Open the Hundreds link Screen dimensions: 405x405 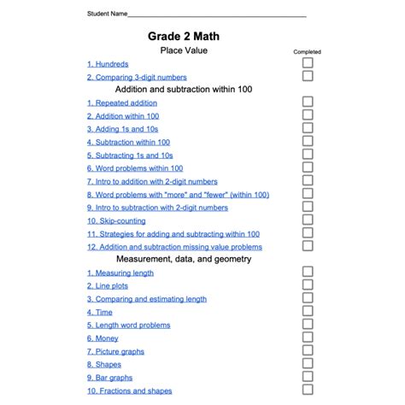[x=108, y=64]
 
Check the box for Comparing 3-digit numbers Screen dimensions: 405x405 [x=308, y=76]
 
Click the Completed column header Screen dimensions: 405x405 [x=308, y=52]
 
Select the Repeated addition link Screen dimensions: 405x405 [x=122, y=103]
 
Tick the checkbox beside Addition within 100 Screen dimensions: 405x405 [x=308, y=115]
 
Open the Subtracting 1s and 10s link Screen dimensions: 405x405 [x=130, y=156]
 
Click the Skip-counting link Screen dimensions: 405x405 [x=116, y=221]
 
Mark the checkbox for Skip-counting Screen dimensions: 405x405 [x=308, y=220]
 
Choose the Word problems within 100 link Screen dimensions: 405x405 [x=135, y=168]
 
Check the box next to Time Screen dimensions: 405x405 [x=308, y=310]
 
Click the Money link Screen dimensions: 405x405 [x=103, y=338]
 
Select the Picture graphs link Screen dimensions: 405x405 [x=115, y=351]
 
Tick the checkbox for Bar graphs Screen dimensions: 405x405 [x=308, y=376]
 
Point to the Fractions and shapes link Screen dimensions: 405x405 [x=130, y=390]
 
